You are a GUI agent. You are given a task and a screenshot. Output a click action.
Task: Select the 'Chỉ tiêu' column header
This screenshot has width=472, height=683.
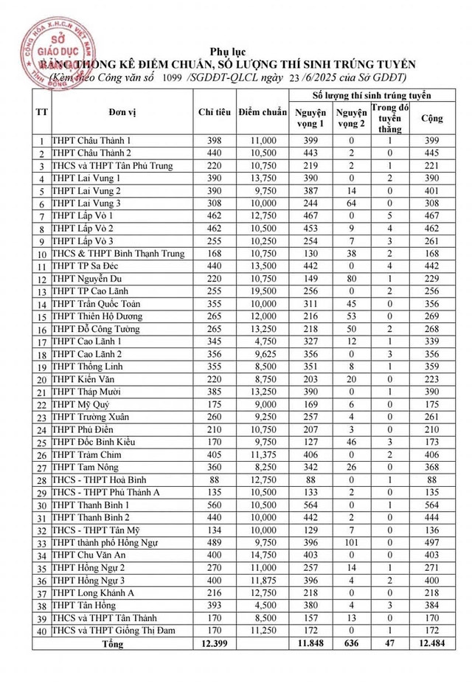coord(215,113)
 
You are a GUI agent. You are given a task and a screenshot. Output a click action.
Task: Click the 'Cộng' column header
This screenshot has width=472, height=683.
coord(431,118)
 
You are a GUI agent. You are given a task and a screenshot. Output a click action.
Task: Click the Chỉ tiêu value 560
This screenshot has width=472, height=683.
coord(215,505)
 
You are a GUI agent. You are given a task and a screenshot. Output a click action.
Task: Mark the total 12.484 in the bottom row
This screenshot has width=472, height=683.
coord(431,644)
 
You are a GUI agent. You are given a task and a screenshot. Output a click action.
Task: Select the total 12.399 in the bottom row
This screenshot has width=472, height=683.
coord(215,644)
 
